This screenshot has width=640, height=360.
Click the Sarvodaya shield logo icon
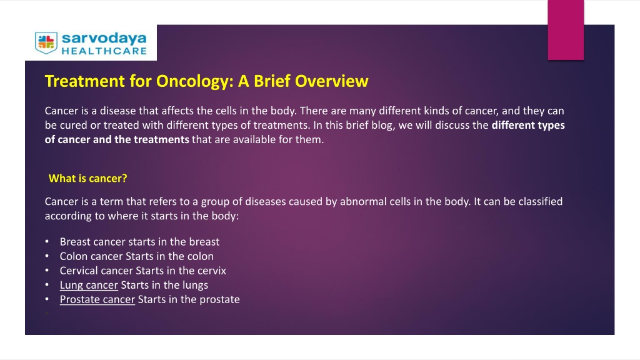[x=46, y=43]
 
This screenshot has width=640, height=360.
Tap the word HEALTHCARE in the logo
[x=104, y=51]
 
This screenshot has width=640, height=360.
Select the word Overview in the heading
[x=331, y=81]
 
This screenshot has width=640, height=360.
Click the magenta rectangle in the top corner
[x=566, y=30]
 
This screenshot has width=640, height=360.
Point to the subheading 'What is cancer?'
[x=87, y=178]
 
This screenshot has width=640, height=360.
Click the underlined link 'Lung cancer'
[x=89, y=285]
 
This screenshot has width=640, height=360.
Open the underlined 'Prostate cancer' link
[x=97, y=299]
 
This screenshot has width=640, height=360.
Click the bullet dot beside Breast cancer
[x=47, y=242]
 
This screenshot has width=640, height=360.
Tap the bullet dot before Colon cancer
[x=47, y=256]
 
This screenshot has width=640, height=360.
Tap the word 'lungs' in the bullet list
[x=195, y=285]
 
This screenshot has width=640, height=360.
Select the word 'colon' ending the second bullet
[x=201, y=256]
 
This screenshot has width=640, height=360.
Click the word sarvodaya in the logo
[x=104, y=38]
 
